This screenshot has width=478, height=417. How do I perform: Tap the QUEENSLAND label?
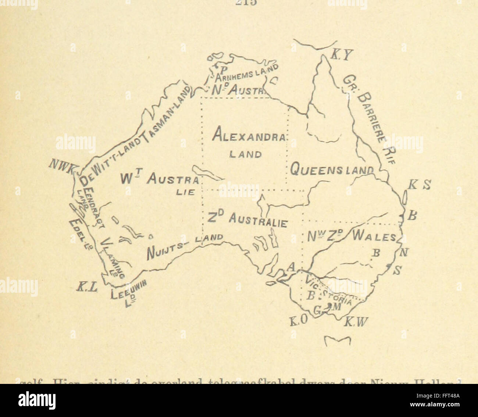pyautogui.click(x=331, y=170)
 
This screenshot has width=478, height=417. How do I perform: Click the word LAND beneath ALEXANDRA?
pyautogui.click(x=245, y=154)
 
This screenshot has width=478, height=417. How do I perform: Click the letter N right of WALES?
pyautogui.click(x=404, y=252)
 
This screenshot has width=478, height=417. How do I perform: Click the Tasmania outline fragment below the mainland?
pyautogui.click(x=338, y=340)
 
